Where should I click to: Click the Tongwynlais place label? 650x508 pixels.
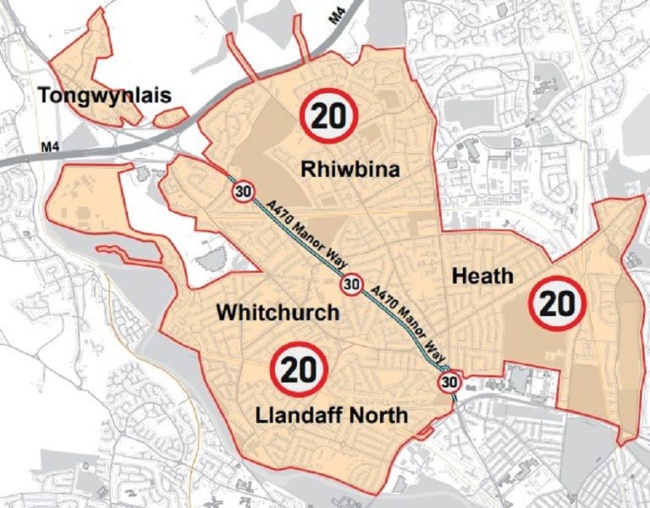pyautogui.click(x=104, y=96)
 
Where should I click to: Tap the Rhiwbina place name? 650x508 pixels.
pyautogui.click(x=350, y=171)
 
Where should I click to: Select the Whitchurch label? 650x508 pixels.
pyautogui.click(x=278, y=312)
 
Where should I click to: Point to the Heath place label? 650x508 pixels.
pyautogui.click(x=482, y=276)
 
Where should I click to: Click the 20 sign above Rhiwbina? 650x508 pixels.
pyautogui.click(x=329, y=115)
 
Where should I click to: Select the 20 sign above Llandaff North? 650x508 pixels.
pyautogui.click(x=300, y=369)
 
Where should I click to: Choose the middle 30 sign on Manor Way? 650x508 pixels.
pyautogui.click(x=352, y=285)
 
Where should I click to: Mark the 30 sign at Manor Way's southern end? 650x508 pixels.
pyautogui.click(x=449, y=384)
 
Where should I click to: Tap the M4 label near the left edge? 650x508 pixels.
pyautogui.click(x=50, y=150)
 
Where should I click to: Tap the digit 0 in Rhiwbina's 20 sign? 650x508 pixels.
pyautogui.click(x=341, y=115)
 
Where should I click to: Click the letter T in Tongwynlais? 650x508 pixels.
pyautogui.click(x=44, y=96)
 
